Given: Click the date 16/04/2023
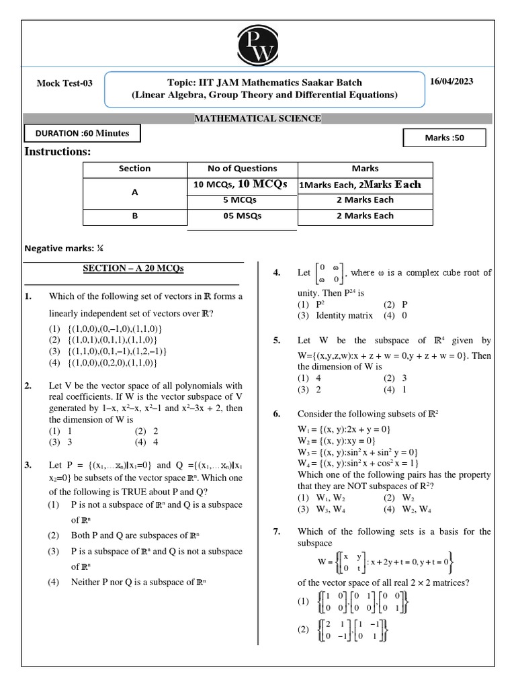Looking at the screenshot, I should (451, 81).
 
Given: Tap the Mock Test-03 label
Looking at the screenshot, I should (64, 83).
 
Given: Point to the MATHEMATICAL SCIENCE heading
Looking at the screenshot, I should (257, 119).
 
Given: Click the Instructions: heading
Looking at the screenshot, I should (58, 152).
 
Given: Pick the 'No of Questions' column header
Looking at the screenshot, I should (243, 169).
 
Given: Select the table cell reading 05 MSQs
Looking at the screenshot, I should (243, 216).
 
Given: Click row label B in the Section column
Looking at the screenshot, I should (134, 216).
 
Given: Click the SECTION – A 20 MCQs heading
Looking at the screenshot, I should (133, 268).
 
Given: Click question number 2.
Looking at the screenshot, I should (28, 386).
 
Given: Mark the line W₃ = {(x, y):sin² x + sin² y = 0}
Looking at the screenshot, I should (357, 452).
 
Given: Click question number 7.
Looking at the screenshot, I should (276, 531).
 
